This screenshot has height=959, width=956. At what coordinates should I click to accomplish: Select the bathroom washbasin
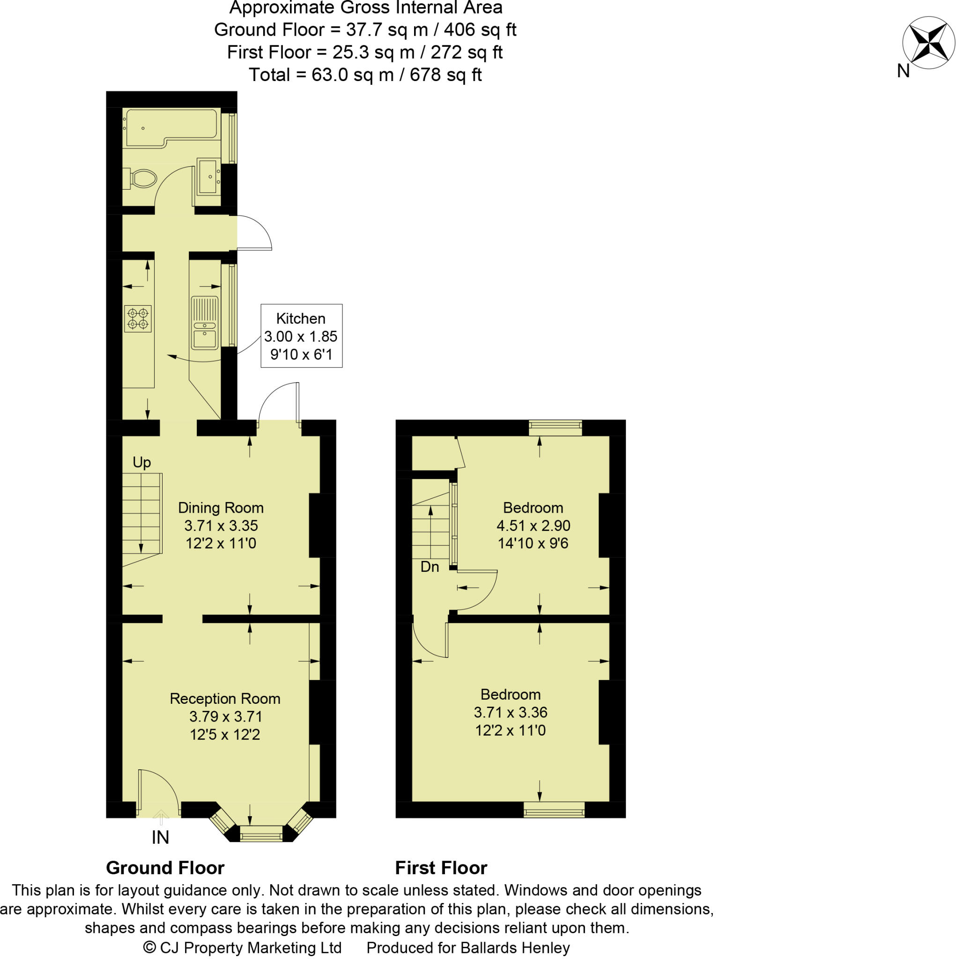[208, 176]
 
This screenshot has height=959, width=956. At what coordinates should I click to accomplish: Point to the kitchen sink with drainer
[205, 323]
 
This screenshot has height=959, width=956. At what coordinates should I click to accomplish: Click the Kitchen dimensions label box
[301, 336]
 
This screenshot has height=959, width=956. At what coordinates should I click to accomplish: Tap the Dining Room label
[221, 525]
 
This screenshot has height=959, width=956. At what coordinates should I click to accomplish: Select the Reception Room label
[224, 716]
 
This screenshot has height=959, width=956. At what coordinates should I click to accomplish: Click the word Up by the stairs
[141, 462]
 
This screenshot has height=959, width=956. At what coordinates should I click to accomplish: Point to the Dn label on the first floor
[430, 567]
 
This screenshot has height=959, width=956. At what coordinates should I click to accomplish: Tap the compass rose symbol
[928, 43]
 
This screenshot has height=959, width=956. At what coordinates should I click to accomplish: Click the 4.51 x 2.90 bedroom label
[533, 525]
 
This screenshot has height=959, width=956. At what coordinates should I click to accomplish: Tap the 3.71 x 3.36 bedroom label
[510, 712]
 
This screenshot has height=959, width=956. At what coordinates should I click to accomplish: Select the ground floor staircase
[142, 514]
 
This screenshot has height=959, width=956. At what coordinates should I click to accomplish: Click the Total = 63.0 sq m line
[365, 75]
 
